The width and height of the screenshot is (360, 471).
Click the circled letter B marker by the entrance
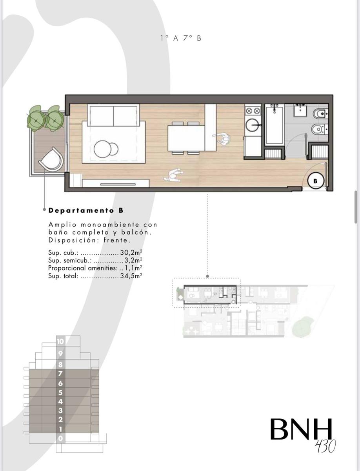click(x=315, y=181)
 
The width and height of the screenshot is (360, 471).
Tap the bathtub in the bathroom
click(x=274, y=125)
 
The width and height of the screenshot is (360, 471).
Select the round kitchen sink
click(x=253, y=125)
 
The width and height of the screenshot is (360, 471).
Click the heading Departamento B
click(x=86, y=210)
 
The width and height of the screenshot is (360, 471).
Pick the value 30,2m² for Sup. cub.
click(x=131, y=252)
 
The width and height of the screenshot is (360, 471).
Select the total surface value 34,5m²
click(x=131, y=276)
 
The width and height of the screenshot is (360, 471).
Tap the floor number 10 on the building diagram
click(x=60, y=341)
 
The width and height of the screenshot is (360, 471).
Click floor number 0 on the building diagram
click(x=60, y=438)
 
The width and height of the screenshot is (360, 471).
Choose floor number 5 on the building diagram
click(x=60, y=392)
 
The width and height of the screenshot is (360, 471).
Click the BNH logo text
click(x=301, y=429)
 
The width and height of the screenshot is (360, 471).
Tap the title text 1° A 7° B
click(x=181, y=38)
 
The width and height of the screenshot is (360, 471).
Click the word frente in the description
click(x=117, y=240)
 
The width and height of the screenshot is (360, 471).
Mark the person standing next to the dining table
click(x=222, y=139)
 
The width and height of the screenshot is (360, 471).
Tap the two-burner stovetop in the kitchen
click(x=253, y=111)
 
